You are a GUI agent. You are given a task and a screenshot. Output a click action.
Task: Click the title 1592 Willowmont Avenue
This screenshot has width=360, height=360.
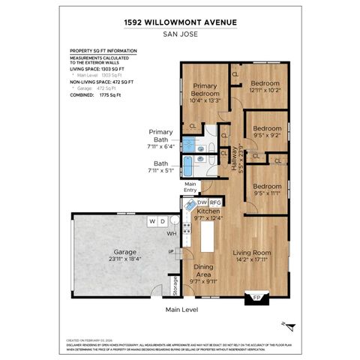pyautogui.click(x=179, y=22)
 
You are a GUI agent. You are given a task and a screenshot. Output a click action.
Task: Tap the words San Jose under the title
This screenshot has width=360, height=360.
pyautogui.click(x=179, y=33)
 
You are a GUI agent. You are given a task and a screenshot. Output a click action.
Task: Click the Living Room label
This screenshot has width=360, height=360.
pyautogui.click(x=252, y=253)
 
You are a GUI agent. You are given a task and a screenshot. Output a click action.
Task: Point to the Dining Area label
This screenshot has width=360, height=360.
pyautogui.click(x=204, y=271)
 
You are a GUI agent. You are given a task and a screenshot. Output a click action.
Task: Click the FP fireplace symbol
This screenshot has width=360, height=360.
pyautogui.click(x=256, y=298)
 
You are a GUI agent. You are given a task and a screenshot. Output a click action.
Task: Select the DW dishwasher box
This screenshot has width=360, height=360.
pyautogui.click(x=202, y=202)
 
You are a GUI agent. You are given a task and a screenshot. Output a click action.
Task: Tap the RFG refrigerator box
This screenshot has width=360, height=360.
pyautogui.click(x=215, y=202)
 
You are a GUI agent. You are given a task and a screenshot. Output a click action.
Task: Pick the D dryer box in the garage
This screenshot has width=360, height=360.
pyautogui.click(x=162, y=221)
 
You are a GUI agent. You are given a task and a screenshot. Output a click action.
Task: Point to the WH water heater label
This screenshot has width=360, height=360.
pyautogui.click(x=170, y=233)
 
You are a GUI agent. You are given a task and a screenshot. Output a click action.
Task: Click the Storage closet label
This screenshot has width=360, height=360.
pyautogui.click(x=175, y=285)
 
